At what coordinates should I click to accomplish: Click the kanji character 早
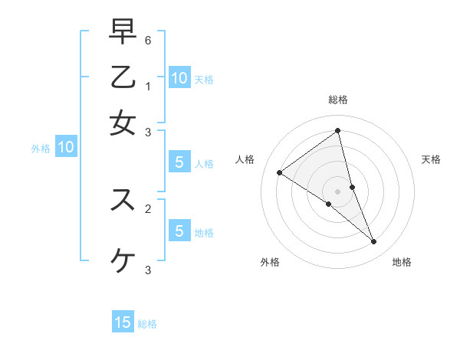(123, 32)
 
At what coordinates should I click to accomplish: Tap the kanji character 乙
(123, 77)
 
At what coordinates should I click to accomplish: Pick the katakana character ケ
(123, 261)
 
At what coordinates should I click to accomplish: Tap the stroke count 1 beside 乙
(147, 86)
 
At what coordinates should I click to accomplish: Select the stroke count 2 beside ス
(147, 208)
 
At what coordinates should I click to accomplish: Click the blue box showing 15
(123, 322)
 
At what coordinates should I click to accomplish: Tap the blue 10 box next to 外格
(65, 148)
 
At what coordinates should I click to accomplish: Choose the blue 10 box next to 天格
(179, 78)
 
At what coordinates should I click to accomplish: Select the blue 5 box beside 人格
(179, 162)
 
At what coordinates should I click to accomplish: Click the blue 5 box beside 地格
(179, 231)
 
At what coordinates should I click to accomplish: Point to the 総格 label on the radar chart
(338, 100)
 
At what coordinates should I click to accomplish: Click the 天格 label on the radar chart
(431, 159)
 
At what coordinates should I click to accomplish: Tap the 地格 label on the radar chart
(402, 262)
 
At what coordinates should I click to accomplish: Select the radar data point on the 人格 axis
(279, 172)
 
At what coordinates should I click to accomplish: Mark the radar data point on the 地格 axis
(374, 242)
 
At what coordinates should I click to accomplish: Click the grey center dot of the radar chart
(338, 191)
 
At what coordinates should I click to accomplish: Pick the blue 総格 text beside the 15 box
(147, 324)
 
